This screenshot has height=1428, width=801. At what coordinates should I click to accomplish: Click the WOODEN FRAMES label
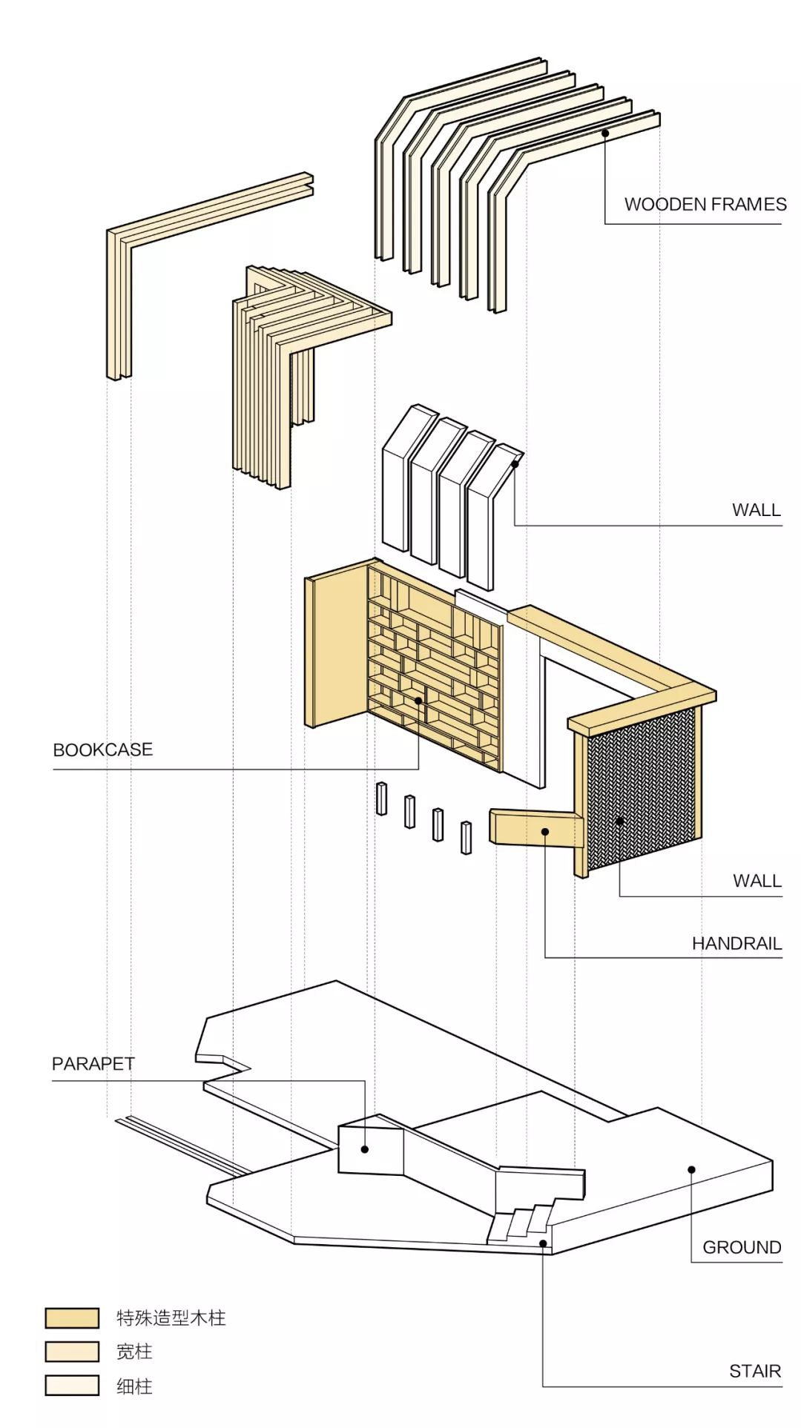point(705,205)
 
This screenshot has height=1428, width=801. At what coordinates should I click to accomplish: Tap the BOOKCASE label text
point(102,750)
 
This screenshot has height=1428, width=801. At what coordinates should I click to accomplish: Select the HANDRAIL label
point(736,944)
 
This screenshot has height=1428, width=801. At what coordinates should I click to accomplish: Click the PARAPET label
point(93,1064)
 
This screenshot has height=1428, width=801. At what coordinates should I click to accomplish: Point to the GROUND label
point(742,1248)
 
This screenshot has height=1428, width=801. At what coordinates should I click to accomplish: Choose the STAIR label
point(755,1372)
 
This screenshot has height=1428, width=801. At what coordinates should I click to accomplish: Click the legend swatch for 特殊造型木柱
point(72,1318)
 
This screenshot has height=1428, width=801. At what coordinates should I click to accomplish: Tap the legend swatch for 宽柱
point(72,1352)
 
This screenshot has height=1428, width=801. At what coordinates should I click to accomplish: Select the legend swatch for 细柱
point(72,1386)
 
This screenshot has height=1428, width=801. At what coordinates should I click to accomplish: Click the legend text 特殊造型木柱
point(171,1318)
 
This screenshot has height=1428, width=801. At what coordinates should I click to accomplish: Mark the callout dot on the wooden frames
point(605,133)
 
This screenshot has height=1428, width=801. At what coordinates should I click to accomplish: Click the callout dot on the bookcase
point(419,701)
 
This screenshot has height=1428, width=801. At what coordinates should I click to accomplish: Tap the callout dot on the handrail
point(545,832)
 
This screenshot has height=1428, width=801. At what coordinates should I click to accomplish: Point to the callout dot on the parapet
point(365,1150)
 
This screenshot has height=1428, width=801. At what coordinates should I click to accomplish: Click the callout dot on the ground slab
point(691,1170)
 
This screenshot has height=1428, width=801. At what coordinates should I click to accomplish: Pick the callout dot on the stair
point(543,1243)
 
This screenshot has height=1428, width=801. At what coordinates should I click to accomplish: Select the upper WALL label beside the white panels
point(756,510)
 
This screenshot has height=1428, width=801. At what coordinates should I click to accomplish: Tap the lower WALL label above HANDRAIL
point(757,881)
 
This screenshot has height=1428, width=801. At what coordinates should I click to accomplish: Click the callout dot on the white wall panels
point(515,465)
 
